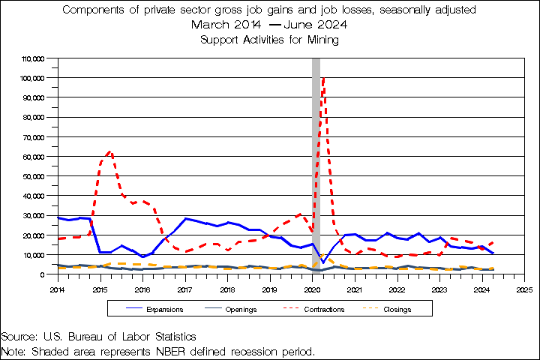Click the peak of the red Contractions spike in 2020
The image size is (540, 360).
click(322, 76)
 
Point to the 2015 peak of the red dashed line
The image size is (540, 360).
click(110, 151)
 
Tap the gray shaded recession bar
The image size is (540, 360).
click(316, 172)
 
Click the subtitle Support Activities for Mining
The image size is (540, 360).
click(269, 40)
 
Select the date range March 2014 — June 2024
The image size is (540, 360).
click(269, 25)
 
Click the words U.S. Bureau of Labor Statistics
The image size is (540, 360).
click(121, 337)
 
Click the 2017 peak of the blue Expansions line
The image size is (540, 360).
click(187, 218)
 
